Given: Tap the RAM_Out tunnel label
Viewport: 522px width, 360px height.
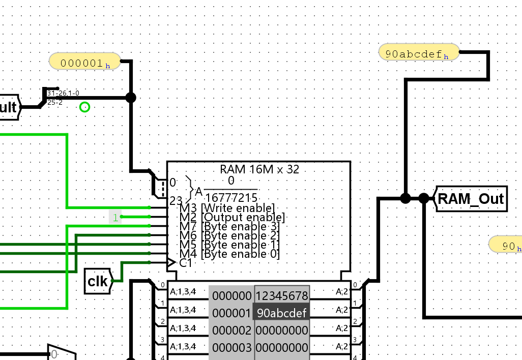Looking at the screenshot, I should [x=471, y=199].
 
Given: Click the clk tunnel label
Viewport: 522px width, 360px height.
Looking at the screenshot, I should [x=98, y=281].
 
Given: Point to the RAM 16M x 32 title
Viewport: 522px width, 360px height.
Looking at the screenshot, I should [x=259, y=169].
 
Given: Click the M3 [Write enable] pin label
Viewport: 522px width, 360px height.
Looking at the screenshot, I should [x=227, y=207].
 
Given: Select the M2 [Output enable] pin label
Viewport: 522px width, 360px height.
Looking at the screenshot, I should [x=232, y=217].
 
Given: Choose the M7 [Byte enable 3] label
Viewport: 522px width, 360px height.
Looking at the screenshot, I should [x=229, y=226].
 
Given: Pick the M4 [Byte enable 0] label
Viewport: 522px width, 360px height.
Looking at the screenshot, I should [x=229, y=254].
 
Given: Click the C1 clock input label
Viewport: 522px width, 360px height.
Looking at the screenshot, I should [x=185, y=263].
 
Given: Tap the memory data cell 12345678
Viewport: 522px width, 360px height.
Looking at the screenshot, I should [x=282, y=296].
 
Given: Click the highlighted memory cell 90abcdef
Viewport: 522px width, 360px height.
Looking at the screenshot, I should [x=282, y=313].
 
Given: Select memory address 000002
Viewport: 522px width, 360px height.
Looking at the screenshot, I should [x=231, y=331].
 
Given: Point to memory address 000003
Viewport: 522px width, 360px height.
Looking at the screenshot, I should [x=231, y=348].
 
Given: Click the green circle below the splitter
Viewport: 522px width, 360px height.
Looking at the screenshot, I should [x=85, y=107].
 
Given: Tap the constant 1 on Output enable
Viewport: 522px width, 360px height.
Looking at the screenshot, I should [x=115, y=218].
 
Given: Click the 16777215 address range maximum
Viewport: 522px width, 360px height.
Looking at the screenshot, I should [x=231, y=197].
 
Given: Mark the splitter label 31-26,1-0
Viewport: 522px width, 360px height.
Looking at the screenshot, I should [x=63, y=93].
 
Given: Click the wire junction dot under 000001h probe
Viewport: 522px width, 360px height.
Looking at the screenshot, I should [x=131, y=98].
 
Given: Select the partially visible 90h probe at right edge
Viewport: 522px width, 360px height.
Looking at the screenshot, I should [x=507, y=246].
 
